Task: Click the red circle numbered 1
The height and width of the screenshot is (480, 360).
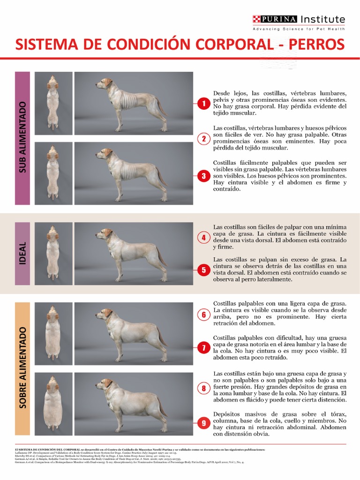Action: [x=203, y=104]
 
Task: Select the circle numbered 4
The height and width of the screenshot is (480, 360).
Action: [x=203, y=237]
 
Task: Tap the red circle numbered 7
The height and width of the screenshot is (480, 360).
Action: [x=203, y=348]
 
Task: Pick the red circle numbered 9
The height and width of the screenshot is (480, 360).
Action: [x=203, y=423]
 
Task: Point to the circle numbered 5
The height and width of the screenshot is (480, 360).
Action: [x=203, y=270]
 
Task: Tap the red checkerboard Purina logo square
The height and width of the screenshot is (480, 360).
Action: [x=256, y=19]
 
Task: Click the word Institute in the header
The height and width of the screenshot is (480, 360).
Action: [x=322, y=19]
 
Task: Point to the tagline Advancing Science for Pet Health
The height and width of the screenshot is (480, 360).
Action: [x=299, y=29]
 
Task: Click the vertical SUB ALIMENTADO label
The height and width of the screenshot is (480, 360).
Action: [x=22, y=138]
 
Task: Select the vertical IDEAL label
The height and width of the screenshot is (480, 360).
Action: [x=22, y=253]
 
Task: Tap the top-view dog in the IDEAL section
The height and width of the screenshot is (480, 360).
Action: [x=53, y=253]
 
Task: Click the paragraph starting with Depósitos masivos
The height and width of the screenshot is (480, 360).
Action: [x=280, y=424]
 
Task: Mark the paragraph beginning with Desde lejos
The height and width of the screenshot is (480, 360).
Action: [x=280, y=103]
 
